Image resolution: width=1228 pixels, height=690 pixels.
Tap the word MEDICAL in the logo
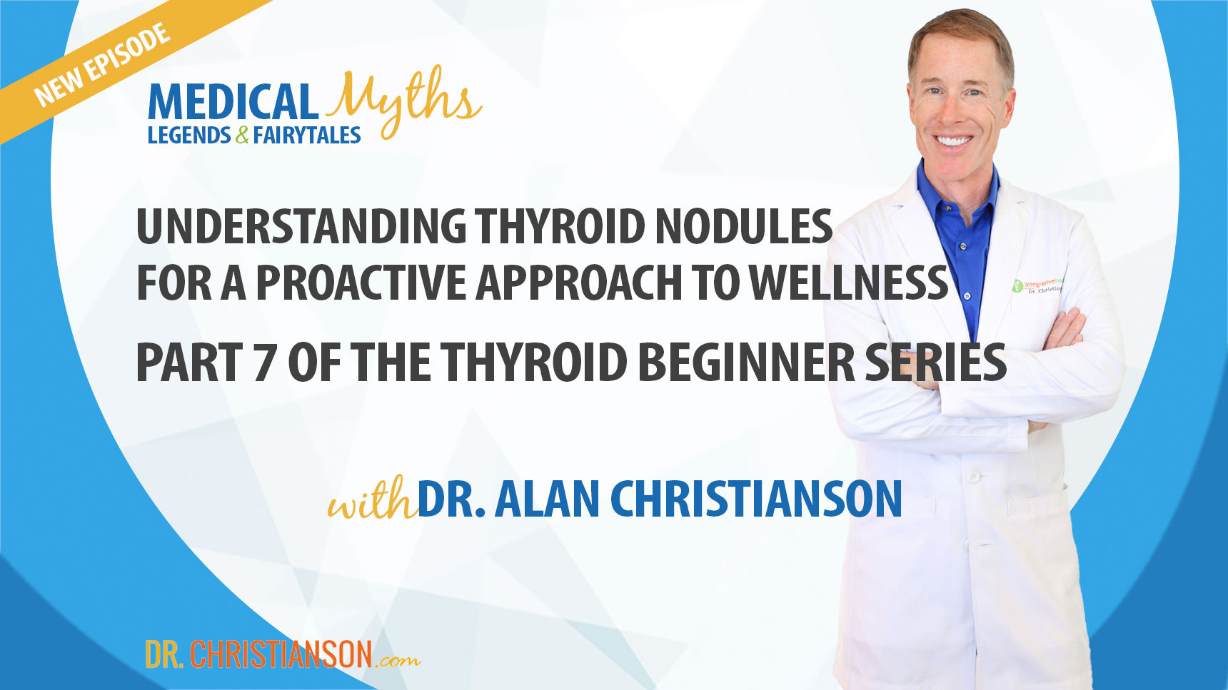(x=232, y=103)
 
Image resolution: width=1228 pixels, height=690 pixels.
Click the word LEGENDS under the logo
(x=188, y=136)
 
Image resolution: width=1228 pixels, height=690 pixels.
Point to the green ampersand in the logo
(x=242, y=136)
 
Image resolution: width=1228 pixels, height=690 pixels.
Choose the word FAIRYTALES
(x=307, y=136)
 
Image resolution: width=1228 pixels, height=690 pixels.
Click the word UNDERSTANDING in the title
(x=301, y=227)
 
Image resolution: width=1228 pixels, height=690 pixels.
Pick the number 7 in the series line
(x=263, y=362)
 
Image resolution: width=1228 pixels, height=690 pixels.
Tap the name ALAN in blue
(x=547, y=499)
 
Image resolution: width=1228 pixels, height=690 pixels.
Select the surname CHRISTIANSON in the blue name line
(x=756, y=499)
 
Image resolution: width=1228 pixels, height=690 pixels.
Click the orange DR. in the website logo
(x=163, y=654)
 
